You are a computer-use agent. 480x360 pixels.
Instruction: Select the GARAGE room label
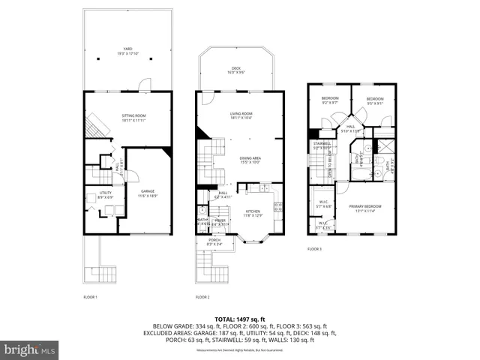148,193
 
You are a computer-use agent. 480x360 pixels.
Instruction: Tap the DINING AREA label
250,159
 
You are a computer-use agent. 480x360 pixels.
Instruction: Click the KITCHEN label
253,214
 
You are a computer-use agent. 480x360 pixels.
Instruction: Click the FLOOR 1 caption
90,297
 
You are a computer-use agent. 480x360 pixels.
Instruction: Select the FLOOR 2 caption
202,297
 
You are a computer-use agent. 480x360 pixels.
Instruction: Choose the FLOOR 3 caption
314,248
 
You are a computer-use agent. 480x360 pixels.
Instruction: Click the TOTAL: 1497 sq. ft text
239,319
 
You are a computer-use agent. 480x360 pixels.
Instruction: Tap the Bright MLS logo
30,349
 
